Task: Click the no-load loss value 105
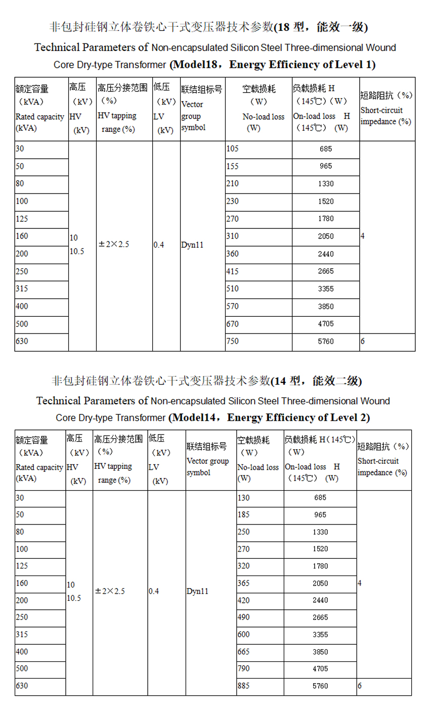coord(232,149)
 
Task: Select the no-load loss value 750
coord(232,342)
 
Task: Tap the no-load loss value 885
coord(243,686)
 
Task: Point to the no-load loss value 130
coord(243,498)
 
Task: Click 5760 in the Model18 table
coord(326,342)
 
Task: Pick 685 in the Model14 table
coord(320,498)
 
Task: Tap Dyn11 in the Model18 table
coord(192,245)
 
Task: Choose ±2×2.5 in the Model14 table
coord(110,591)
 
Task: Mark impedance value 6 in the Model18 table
coord(363,342)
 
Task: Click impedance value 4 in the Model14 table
coord(360,583)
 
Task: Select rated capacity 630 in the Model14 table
coord(22,686)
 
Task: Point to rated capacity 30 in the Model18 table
coord(19,149)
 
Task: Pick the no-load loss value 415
coord(232,271)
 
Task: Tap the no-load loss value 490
coord(243,617)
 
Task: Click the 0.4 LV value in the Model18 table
coord(159,245)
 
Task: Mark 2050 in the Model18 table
coord(326,236)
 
